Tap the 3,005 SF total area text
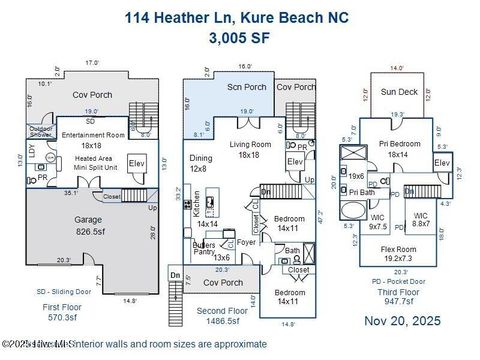click(x=239, y=39)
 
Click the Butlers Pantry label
click(x=206, y=250)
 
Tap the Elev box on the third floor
click(x=440, y=162)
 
